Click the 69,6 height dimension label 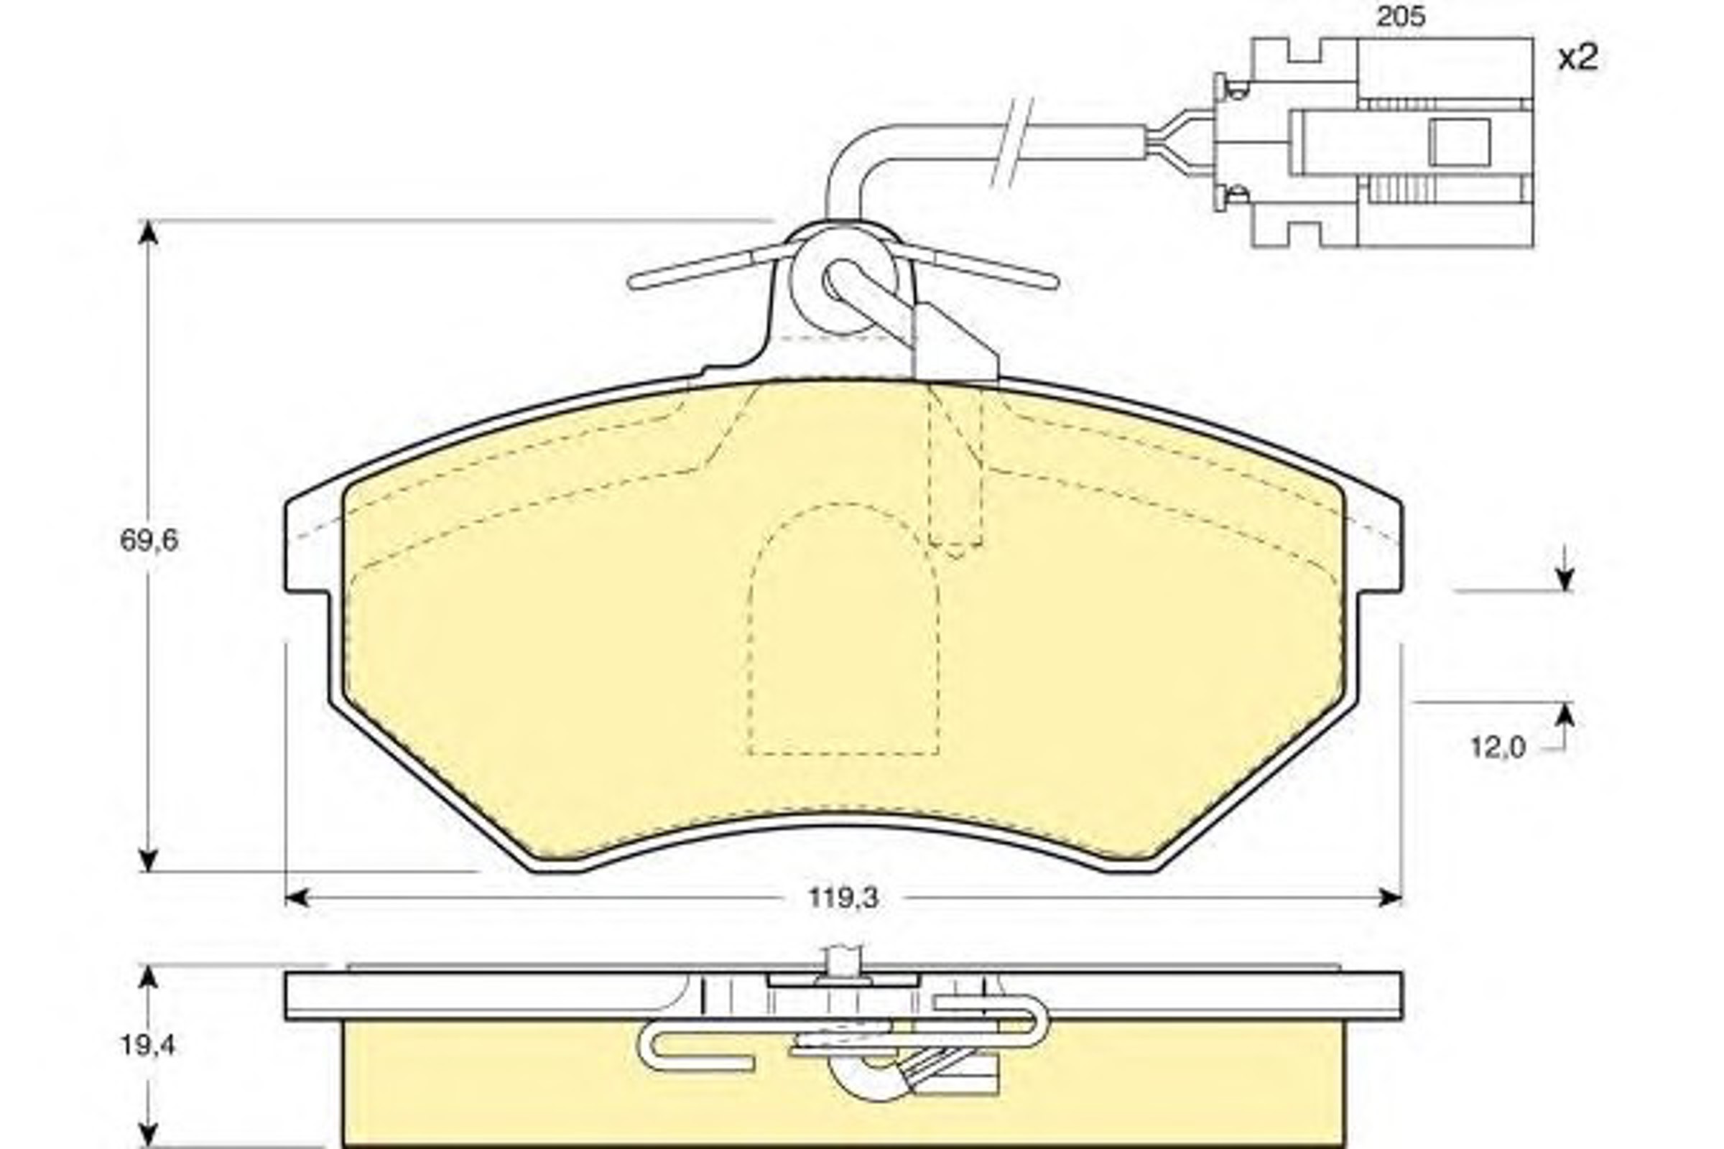coord(149,541)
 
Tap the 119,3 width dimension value coord(843,898)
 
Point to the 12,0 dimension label coord(1498,748)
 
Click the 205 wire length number coord(1401,17)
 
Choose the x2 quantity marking coord(1579,58)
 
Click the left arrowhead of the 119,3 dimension coord(296,898)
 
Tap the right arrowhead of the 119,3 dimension coord(1390,898)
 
